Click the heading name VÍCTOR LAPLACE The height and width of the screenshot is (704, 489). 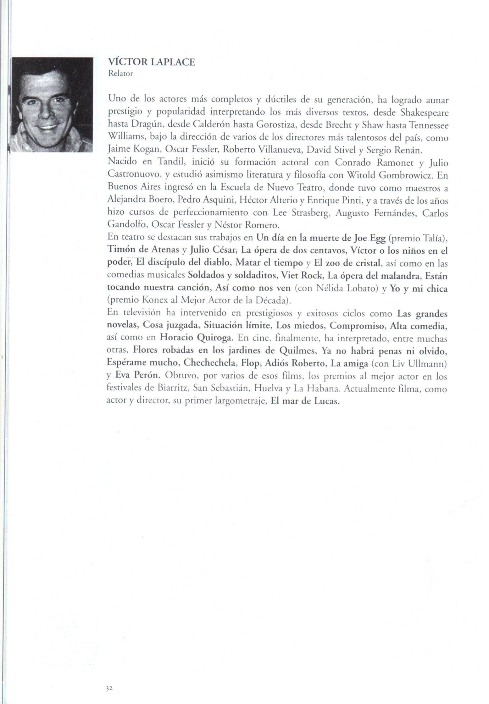151,62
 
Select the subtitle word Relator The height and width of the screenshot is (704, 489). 120,74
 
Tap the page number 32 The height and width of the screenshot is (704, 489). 109,688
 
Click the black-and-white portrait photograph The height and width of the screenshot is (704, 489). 52,105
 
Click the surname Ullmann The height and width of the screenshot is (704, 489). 428,364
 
